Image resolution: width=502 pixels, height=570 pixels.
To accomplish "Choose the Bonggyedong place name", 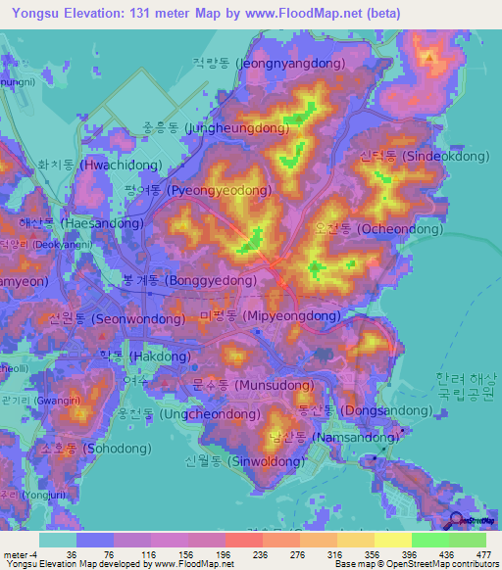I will (x=176, y=280).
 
